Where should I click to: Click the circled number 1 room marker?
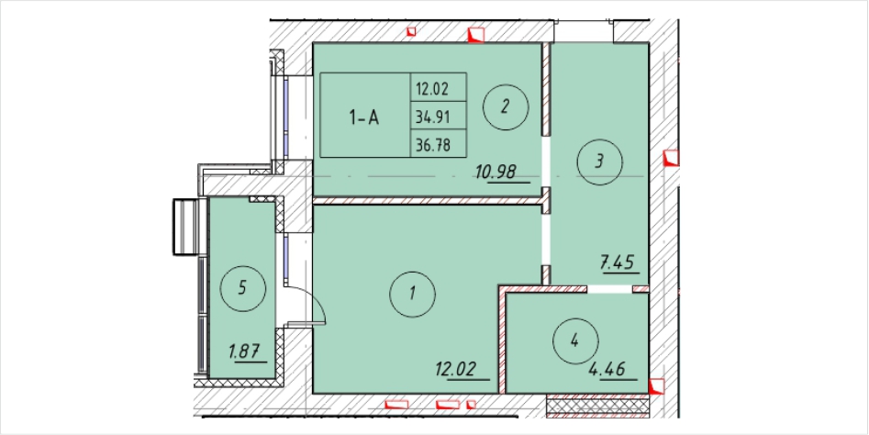pos(412,294)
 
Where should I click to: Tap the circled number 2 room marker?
pos(505,107)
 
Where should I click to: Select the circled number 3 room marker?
pos(599,162)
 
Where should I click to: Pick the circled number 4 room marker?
pos(575,341)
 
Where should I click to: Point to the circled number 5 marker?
pos(243,288)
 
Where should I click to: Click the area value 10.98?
pos(496,173)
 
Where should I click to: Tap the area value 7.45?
pos(618,262)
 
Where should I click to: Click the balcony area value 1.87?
pos(243,351)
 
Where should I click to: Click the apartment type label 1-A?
pos(364,117)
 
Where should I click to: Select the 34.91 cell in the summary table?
pos(432,117)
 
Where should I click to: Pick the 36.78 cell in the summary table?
pos(432,145)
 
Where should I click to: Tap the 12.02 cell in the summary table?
pos(432,87)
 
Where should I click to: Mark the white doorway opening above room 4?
pos(609,289)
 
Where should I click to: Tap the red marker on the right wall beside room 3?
pos(672,158)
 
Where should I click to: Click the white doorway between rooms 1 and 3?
pos(546,240)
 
